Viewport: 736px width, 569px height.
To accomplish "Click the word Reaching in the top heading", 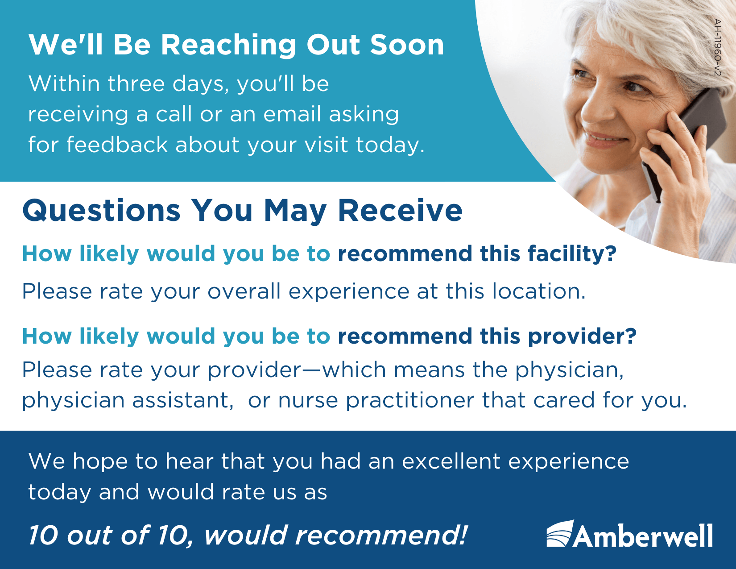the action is coord(228,46).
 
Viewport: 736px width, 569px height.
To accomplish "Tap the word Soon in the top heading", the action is coord(407,45).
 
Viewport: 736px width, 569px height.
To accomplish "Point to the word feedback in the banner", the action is coord(117,144).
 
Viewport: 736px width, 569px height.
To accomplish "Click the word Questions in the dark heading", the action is coord(101,211).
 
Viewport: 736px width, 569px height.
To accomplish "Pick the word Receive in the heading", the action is coord(400,211).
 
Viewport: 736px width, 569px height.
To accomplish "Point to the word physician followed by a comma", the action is coord(569,370).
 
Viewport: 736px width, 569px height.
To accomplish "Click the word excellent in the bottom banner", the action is coord(451,461).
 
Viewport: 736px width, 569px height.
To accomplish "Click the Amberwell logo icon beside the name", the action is coord(560,533).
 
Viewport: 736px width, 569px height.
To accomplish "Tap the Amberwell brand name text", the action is coord(642,536).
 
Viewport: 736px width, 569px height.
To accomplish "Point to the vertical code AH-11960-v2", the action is coord(717,47).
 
